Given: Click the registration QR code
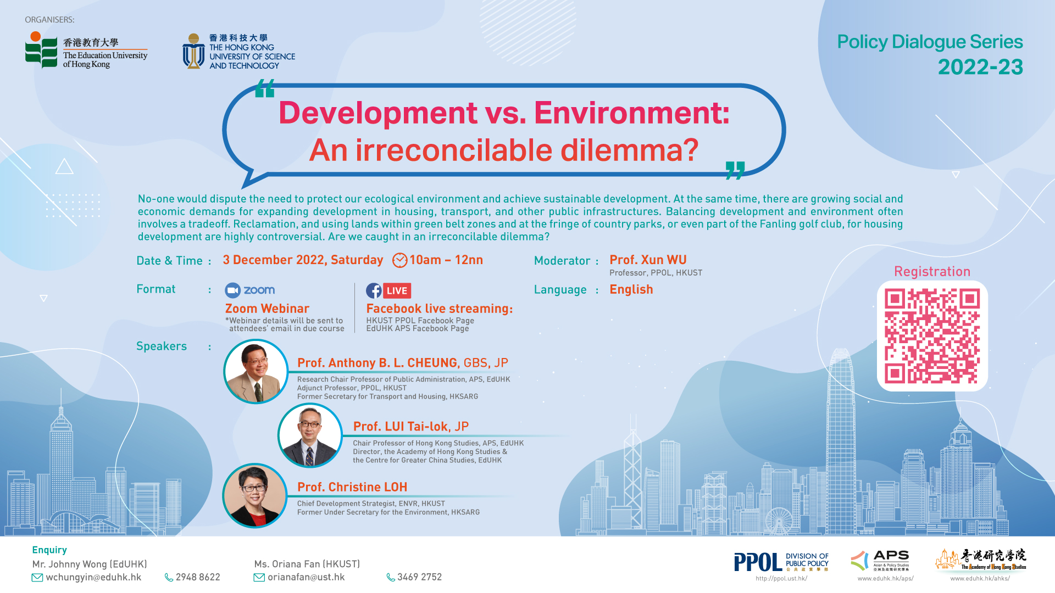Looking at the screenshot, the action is coord(932,336).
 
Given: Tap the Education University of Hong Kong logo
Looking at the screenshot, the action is coord(86,51).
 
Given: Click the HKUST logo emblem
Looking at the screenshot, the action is coord(193,51).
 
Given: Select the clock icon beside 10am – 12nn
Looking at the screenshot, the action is coord(400,260).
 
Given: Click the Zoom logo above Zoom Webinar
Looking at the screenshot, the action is coord(250,290).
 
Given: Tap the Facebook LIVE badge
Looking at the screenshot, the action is coord(388,290).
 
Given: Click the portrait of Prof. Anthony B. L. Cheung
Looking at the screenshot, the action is coord(256,371).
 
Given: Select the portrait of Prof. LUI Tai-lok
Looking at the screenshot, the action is coord(310,435).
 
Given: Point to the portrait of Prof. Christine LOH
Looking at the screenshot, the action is coord(255,495).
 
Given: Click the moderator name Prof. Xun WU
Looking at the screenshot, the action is coord(648,260).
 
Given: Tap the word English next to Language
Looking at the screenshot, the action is coord(631,289).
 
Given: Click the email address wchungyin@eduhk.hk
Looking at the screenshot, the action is coord(93,577).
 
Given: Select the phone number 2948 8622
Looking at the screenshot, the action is coord(198,577).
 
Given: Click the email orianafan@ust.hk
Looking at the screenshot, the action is coord(306,577).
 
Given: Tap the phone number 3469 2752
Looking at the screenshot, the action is coord(420,577).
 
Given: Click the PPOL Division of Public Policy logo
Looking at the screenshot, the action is coord(781,562).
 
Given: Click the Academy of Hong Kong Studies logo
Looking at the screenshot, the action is coord(981,559).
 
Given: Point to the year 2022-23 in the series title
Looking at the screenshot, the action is coord(980,67).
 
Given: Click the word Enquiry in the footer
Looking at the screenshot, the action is coord(49,550).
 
